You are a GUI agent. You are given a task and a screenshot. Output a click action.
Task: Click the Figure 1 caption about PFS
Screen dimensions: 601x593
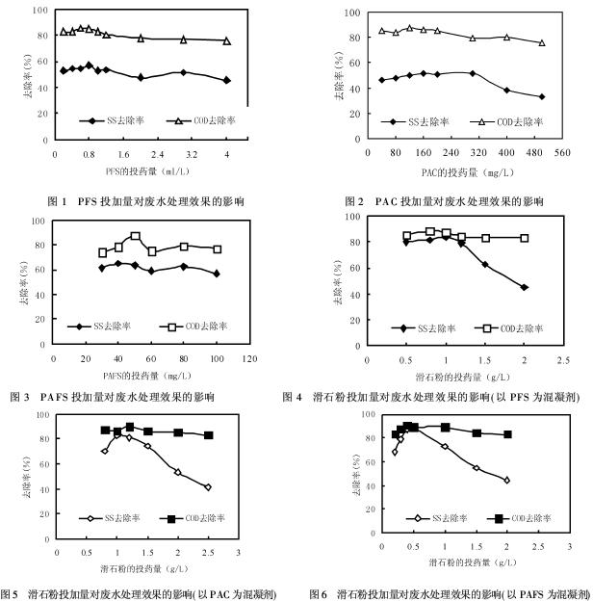[x=145, y=201]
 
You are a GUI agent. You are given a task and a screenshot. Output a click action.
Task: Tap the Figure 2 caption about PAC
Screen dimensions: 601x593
[x=444, y=201]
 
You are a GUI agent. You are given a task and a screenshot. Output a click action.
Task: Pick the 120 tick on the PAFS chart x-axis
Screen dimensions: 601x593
[x=249, y=359]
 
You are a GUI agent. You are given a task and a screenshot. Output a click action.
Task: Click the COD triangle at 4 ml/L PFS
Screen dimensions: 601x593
[x=227, y=40]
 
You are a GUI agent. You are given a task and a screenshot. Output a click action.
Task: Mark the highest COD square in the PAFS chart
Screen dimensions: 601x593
[x=136, y=236]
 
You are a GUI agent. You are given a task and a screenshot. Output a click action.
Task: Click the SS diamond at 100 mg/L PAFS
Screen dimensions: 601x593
[x=218, y=274]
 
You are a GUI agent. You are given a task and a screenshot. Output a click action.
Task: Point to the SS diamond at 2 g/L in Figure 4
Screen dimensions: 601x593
[x=524, y=287]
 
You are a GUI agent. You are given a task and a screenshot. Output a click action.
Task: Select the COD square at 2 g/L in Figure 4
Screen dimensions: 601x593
[x=525, y=238]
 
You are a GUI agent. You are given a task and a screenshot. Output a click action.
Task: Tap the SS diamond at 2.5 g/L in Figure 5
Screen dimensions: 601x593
[x=208, y=487]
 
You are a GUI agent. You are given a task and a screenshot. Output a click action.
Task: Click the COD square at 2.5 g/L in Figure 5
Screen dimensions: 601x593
[x=208, y=435]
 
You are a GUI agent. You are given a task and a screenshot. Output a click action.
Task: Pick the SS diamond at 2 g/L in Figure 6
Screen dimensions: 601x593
[x=507, y=480]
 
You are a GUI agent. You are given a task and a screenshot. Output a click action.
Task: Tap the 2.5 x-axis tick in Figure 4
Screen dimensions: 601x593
[x=562, y=359]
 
